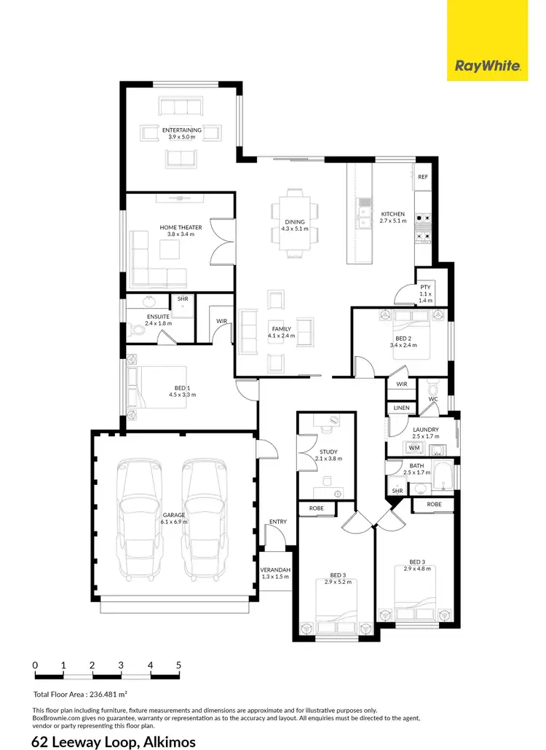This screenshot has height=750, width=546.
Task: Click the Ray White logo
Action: pos(487,66)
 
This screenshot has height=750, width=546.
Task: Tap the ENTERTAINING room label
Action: pos(182,130)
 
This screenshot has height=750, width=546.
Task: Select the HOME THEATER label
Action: pos(181,228)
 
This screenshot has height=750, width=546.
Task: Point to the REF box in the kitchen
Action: pos(423,176)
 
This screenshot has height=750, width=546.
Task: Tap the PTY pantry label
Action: pos(425,288)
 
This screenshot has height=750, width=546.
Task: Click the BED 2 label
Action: pos(402,338)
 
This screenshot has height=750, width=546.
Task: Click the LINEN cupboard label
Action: pos(401,408)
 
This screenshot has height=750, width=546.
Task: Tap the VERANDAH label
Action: pos(276,569)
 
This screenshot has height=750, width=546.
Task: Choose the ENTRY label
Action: pos(277,521)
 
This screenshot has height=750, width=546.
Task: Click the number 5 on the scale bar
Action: pos(178,665)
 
